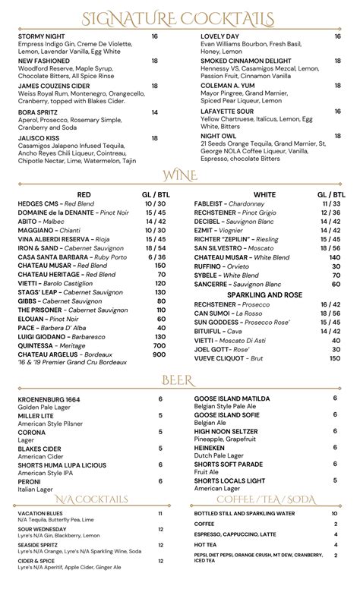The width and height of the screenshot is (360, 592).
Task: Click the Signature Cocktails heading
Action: (x=179, y=18)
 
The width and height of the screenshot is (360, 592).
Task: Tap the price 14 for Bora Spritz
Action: (x=154, y=112)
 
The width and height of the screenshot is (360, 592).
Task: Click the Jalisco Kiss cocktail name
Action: (x=39, y=138)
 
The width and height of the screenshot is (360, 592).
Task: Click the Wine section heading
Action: (x=179, y=177)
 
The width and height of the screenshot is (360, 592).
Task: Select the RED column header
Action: (x=84, y=194)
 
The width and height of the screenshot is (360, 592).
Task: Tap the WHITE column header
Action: (x=264, y=194)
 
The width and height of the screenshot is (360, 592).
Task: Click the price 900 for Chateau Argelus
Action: (x=159, y=354)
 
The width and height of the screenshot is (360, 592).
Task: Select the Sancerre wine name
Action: (x=210, y=284)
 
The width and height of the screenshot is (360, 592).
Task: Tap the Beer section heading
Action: (x=179, y=379)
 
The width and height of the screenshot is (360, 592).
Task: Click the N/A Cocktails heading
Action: (x=92, y=499)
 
